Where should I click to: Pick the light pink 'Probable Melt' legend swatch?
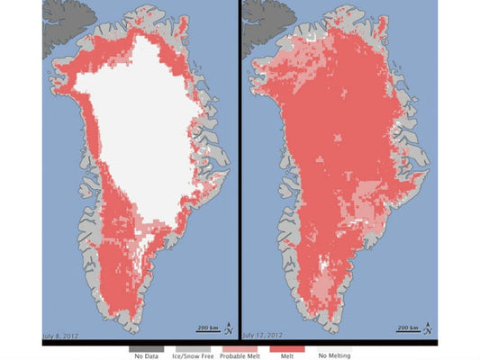click(239, 346)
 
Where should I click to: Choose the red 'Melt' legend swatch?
click(285, 346)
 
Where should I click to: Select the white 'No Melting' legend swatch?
click(331, 346)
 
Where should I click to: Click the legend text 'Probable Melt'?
click(239, 355)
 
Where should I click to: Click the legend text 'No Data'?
click(147, 355)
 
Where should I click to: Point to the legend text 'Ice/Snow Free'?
click(193, 355)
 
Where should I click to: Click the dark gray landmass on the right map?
click(264, 13)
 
